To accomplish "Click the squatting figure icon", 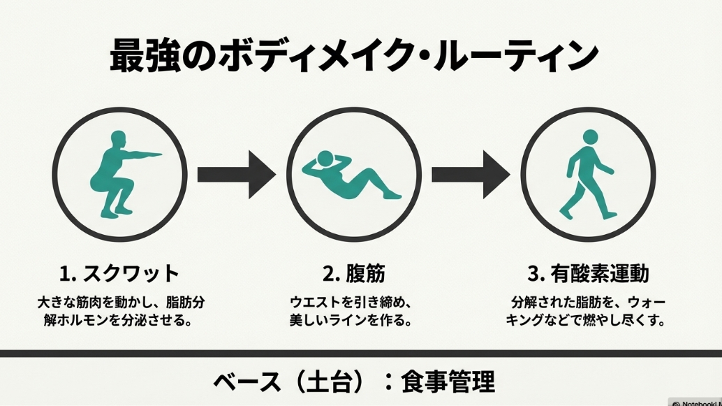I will coord(116,173).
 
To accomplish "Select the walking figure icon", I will coord(587,175).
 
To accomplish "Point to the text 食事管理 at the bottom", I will coord(448,382).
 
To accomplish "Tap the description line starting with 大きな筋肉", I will coord(120,304).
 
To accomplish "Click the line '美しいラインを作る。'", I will coord(351,321).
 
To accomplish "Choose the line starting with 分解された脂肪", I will coord(588,304).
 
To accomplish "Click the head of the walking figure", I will coord(591,137).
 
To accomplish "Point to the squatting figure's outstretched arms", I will coord(143,154).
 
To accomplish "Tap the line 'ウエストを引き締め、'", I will coord(351,304).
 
